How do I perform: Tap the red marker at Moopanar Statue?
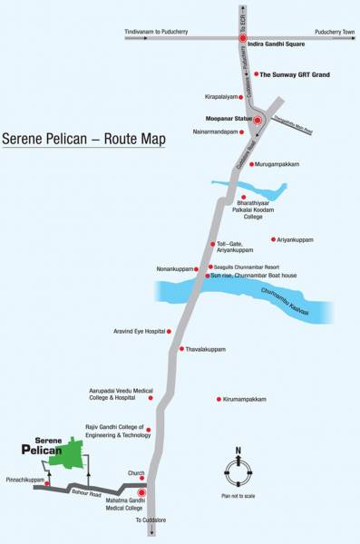(258, 120)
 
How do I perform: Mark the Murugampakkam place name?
(277, 164)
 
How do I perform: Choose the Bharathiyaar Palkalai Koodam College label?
(239, 211)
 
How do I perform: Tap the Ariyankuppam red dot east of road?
(273, 239)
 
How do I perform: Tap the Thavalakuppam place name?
(208, 349)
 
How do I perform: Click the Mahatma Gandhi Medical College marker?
(141, 493)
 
